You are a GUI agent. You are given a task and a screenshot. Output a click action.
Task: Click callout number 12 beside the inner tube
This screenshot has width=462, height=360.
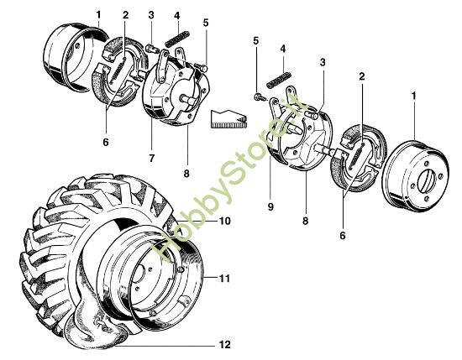225,344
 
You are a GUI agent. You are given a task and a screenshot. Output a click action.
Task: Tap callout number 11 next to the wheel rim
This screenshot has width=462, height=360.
225,278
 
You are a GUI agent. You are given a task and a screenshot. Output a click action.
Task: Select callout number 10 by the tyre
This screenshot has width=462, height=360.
225,221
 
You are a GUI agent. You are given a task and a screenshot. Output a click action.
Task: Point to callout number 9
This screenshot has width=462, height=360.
270,206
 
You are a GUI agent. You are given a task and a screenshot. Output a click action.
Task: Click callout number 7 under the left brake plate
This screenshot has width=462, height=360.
151,159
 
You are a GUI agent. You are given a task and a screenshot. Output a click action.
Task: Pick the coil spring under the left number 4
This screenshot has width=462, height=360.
176,39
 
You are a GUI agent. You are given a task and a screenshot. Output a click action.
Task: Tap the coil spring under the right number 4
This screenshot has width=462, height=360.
279,80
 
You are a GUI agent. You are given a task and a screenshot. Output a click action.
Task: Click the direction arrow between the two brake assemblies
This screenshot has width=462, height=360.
229,119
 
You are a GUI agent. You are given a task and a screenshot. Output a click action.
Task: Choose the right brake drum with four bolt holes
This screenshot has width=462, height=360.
416,176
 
